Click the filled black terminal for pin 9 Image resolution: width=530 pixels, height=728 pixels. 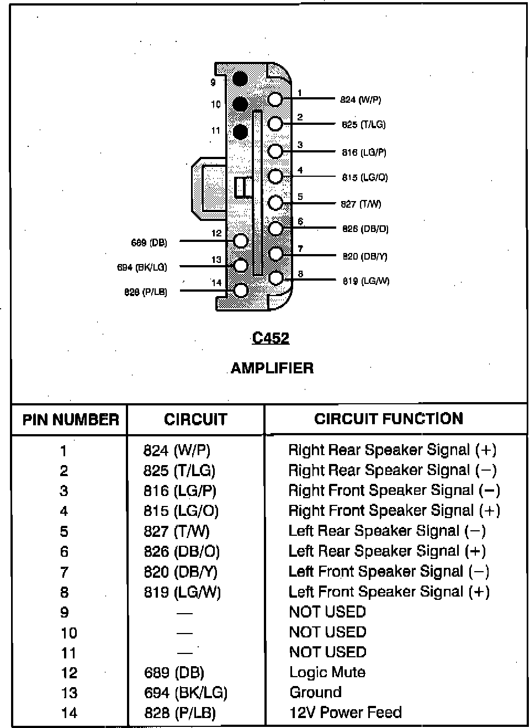pyautogui.click(x=240, y=78)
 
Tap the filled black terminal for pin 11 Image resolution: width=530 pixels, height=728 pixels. pyautogui.click(x=240, y=131)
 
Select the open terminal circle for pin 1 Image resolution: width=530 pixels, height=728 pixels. pyautogui.click(x=275, y=99)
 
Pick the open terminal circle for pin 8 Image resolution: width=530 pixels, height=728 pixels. pyautogui.click(x=275, y=278)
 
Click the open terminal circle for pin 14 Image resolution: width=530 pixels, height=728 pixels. pyautogui.click(x=241, y=290)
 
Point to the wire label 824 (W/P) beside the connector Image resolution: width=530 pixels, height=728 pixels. pyautogui.click(x=361, y=100)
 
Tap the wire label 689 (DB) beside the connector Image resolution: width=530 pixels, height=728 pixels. pyautogui.click(x=149, y=242)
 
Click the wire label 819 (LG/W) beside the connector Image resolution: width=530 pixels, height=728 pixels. pyautogui.click(x=365, y=281)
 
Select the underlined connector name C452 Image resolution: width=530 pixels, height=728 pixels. pyautogui.click(x=271, y=338)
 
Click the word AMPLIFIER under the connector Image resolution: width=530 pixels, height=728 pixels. pyautogui.click(x=272, y=368)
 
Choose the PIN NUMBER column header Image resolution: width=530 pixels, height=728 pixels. pyautogui.click(x=71, y=420)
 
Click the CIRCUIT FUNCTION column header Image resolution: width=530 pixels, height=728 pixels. pyautogui.click(x=389, y=419)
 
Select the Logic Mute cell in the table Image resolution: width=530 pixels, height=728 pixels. pyautogui.click(x=327, y=672)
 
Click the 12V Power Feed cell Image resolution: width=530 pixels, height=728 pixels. pyautogui.click(x=346, y=713)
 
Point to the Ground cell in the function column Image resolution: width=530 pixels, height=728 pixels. pyautogui.click(x=316, y=692)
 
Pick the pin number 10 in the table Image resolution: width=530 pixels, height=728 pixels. pyautogui.click(x=69, y=633)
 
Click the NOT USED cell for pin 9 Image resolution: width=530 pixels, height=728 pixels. pyautogui.click(x=327, y=612)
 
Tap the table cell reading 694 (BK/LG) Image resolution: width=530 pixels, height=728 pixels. pyautogui.click(x=185, y=693)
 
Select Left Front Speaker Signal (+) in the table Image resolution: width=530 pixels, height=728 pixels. pyautogui.click(x=389, y=592)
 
